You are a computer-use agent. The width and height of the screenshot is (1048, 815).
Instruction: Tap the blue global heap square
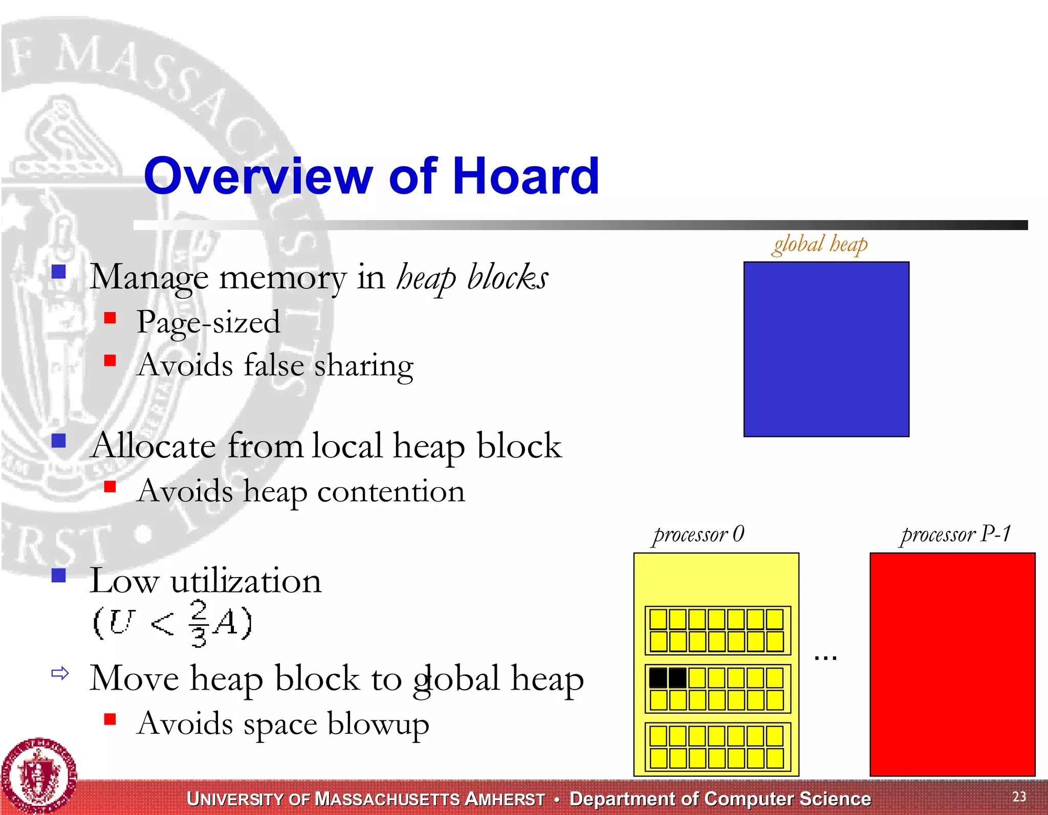(x=826, y=349)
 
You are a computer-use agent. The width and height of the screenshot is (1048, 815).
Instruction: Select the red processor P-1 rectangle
(x=952, y=664)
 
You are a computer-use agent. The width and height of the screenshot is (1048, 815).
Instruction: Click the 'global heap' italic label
(x=820, y=244)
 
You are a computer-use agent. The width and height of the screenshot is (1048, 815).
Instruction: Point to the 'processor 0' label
(x=698, y=534)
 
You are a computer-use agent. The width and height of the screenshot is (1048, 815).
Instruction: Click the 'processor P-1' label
(x=955, y=534)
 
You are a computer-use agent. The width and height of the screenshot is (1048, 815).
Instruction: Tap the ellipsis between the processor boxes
(x=825, y=657)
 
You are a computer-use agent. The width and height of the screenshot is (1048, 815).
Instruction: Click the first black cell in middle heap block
(x=658, y=678)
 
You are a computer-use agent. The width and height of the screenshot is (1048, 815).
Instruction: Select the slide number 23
(x=1019, y=796)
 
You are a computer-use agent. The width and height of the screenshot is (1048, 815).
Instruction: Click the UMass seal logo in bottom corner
(x=38, y=775)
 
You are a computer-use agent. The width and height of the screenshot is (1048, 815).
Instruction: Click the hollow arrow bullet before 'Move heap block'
(x=60, y=673)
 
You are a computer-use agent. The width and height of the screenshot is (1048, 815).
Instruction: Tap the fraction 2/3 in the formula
(x=199, y=623)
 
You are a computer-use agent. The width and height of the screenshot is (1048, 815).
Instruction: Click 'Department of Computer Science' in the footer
(x=720, y=799)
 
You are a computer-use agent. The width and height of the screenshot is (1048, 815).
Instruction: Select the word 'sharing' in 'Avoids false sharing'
(x=363, y=366)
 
